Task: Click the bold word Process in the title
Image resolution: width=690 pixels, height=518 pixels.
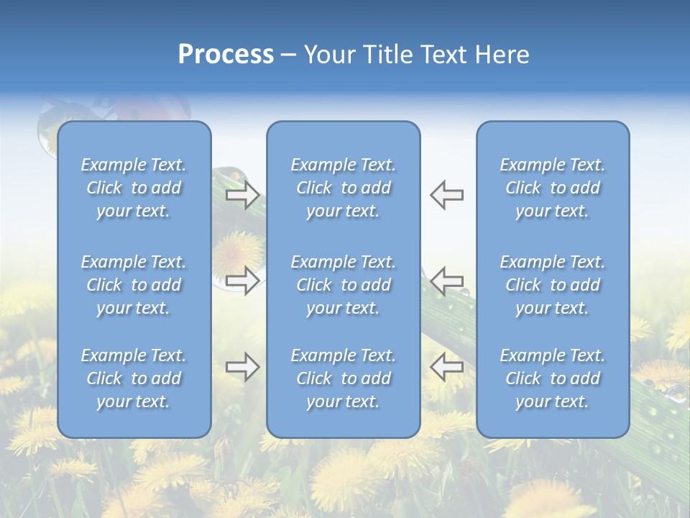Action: tap(226, 55)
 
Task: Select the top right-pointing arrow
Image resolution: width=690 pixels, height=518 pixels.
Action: tap(243, 195)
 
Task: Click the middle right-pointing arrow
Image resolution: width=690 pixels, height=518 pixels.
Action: tap(243, 280)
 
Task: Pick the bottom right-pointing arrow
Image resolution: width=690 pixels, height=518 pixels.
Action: tap(243, 366)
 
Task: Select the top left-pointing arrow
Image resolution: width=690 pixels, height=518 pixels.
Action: tap(446, 195)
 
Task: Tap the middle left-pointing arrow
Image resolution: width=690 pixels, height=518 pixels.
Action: tap(446, 280)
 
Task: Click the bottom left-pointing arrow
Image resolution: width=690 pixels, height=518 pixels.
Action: tap(446, 366)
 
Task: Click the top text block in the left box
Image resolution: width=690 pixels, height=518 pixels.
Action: tap(134, 188)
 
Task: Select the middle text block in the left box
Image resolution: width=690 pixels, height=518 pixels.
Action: tap(134, 285)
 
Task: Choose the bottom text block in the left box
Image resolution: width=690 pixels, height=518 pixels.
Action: tap(134, 378)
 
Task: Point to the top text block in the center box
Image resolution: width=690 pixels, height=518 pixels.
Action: tap(343, 188)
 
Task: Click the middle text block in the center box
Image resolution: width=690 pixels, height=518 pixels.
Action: tap(343, 285)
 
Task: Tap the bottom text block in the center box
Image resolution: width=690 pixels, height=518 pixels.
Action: tap(343, 378)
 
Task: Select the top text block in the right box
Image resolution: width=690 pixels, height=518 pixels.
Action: tap(552, 188)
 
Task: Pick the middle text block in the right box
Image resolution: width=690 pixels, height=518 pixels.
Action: tap(552, 285)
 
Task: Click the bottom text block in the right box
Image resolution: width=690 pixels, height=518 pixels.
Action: tap(552, 378)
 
